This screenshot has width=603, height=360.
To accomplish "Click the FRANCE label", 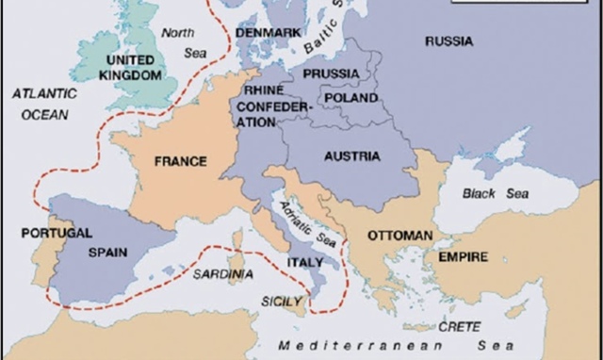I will [x=180, y=161].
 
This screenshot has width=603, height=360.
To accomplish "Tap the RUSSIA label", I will [x=449, y=41].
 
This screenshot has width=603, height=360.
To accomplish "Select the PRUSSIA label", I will [x=331, y=74].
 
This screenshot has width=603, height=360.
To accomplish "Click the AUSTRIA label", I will [x=351, y=155].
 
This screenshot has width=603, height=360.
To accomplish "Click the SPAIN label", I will [x=108, y=252].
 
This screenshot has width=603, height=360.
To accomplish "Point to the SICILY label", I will [x=282, y=302].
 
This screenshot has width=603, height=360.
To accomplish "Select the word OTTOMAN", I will [x=399, y=234].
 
